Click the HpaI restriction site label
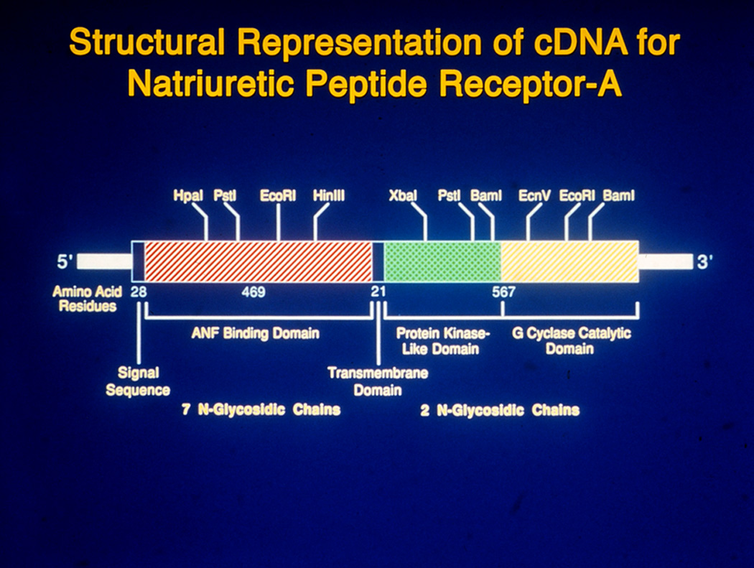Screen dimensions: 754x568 188,196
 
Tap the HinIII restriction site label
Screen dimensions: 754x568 329,196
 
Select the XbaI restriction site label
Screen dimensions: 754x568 403,196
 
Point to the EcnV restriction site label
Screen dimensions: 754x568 534,196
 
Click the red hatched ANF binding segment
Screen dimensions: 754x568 259,261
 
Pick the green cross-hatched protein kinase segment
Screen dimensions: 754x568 443,261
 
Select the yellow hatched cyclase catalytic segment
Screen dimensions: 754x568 570,261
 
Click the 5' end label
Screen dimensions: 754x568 65,262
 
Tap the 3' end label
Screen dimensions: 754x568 704,262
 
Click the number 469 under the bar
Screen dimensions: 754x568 253,292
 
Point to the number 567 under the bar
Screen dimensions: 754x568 503,292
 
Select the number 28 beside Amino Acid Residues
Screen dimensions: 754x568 139,292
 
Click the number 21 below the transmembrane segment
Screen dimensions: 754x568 378,292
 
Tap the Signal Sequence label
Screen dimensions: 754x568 138,381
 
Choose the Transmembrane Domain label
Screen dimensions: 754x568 378,381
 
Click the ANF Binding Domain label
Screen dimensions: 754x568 256,333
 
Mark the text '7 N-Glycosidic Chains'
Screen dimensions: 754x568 261,410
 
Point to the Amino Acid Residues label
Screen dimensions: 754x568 87,299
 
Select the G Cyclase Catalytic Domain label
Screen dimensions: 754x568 572,340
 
